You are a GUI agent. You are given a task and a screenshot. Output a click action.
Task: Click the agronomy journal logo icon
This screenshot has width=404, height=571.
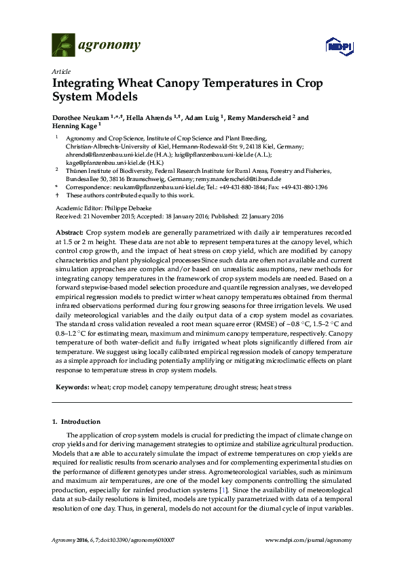click(64, 45)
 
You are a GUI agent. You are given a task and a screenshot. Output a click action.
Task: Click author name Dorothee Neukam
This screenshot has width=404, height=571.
click(85, 118)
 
